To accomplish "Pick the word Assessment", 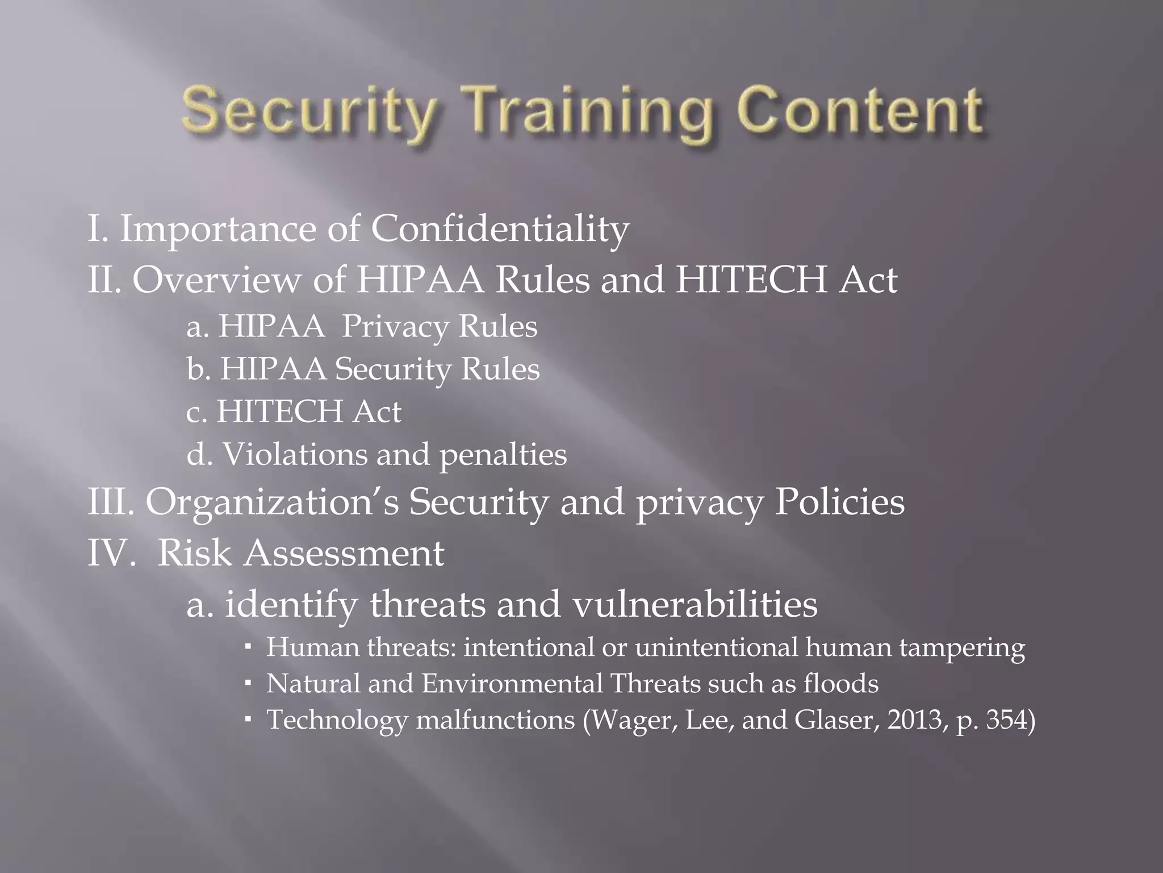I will point(344,552).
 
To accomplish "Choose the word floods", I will point(840,683).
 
